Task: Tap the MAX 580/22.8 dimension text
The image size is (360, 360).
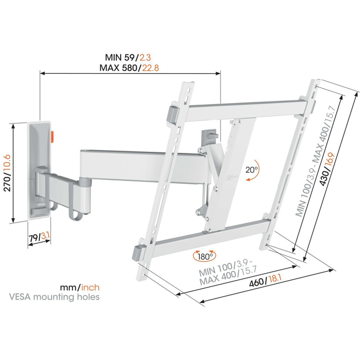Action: (131, 69)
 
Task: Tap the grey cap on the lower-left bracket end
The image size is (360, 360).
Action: (138, 252)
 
